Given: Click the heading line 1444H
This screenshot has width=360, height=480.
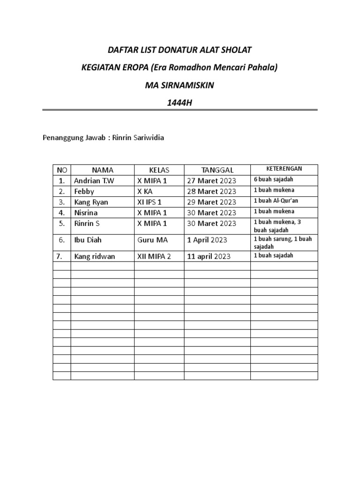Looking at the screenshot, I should coord(180,103).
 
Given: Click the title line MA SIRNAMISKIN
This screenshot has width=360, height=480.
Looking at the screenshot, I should coord(180,85).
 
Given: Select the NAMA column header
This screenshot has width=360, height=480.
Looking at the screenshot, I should coord(102,170).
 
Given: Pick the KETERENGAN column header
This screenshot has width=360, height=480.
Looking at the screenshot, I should coord(284,169).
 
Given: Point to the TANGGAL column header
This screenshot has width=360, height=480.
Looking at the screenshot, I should coord(217,170).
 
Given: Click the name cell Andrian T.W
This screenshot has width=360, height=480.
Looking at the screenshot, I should coord(94,180).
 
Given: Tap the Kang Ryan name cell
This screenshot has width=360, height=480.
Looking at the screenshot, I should coord(91,202).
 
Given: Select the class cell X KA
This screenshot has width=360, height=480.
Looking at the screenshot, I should coord(145,191).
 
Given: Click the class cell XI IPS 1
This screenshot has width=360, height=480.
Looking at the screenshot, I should coord(149,202).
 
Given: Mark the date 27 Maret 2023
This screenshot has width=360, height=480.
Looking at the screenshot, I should coord(211,180).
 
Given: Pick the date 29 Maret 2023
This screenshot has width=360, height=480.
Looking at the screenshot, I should coord(211,202).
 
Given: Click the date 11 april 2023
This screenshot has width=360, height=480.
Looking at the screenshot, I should coord(209,256).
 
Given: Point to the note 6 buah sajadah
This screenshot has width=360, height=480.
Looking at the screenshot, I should coord(273,180).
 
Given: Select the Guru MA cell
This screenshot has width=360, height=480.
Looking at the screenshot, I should coord(152,240).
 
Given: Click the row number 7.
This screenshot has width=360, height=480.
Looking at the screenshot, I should coord(59,256).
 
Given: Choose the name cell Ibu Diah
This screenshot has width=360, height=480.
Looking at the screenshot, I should coord(88,240).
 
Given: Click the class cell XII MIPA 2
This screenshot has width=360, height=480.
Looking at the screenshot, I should coord(154,256).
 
